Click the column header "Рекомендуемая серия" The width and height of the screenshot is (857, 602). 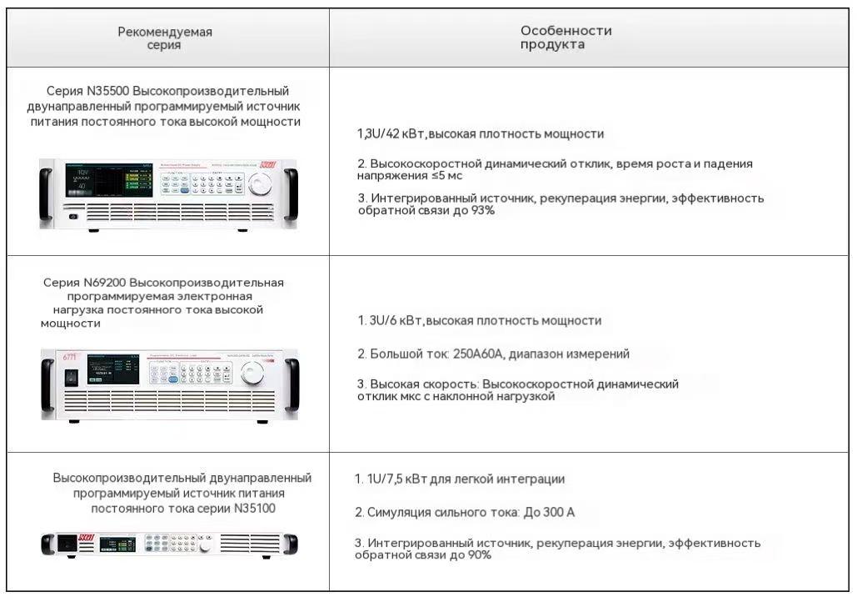(x=165, y=38)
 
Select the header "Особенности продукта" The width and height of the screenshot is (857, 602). (x=566, y=38)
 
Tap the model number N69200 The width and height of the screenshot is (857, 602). (x=105, y=283)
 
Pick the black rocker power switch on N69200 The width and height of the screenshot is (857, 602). (x=71, y=377)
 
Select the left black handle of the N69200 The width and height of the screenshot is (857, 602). (x=47, y=383)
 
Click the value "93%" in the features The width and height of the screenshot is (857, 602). (x=483, y=211)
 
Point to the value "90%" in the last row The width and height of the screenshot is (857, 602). (x=478, y=555)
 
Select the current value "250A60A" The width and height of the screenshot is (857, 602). (x=477, y=354)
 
